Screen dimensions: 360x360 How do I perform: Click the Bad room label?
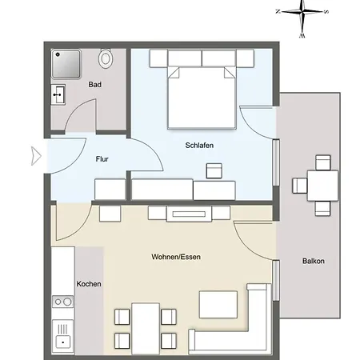coord(94,84)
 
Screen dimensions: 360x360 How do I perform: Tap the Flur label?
coord(102,159)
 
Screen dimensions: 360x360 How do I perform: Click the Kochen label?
coord(88,284)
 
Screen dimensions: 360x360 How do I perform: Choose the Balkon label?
coord(314,262)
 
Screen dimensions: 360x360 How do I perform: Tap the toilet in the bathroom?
coord(106,58)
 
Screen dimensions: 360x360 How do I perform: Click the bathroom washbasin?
coord(58,95)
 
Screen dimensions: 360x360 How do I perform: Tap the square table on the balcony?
coord(321,186)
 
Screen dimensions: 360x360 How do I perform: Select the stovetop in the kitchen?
coord(62,302)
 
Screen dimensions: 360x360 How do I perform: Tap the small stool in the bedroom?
coord(214,170)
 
